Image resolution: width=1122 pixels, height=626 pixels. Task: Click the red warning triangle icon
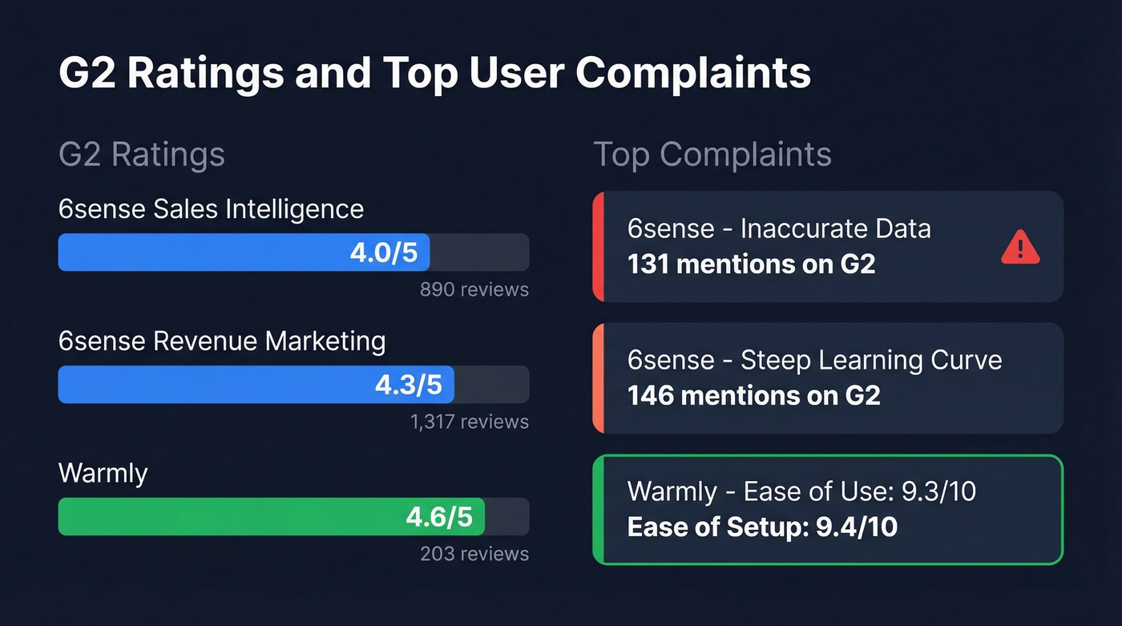pyautogui.click(x=1020, y=248)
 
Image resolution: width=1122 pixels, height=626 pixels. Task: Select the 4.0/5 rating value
pyautogui.click(x=384, y=252)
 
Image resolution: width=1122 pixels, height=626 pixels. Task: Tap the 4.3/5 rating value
pyautogui.click(x=409, y=385)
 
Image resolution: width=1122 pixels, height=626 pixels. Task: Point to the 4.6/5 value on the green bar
pyautogui.click(x=439, y=517)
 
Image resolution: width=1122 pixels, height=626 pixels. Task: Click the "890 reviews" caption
pyautogui.click(x=474, y=289)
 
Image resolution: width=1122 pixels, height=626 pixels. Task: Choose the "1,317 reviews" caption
pyautogui.click(x=470, y=422)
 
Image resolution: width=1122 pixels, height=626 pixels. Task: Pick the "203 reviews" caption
pyautogui.click(x=474, y=554)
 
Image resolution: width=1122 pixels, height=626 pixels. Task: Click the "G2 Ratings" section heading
pyautogui.click(x=142, y=154)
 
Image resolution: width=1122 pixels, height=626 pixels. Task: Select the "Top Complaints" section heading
pyautogui.click(x=712, y=154)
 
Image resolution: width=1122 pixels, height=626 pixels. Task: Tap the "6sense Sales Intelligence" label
pyautogui.click(x=211, y=209)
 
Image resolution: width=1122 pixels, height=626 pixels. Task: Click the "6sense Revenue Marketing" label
pyautogui.click(x=222, y=341)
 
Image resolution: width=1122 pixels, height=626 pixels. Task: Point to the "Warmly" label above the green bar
pyautogui.click(x=103, y=473)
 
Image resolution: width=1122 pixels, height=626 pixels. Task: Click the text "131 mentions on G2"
pyautogui.click(x=751, y=264)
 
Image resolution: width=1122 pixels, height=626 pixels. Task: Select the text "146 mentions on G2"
pyautogui.click(x=753, y=395)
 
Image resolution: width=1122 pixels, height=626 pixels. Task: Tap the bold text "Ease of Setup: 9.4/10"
pyautogui.click(x=762, y=527)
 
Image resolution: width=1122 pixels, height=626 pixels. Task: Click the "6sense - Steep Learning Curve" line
pyautogui.click(x=814, y=360)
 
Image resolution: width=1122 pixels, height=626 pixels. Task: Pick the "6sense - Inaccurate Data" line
pyautogui.click(x=779, y=228)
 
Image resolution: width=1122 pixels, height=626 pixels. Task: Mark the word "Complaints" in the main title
pyautogui.click(x=693, y=73)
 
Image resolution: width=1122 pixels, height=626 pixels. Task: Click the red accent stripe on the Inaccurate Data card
pyautogui.click(x=598, y=247)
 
